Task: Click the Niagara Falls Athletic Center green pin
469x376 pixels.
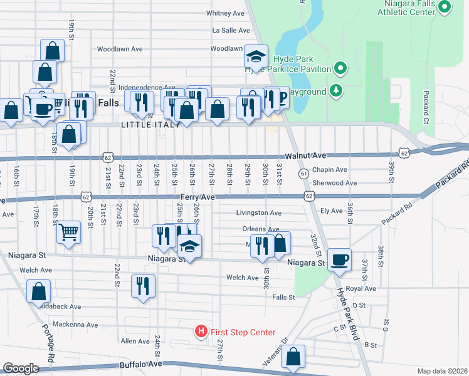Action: [445, 8]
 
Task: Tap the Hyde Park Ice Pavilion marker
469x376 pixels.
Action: [340, 67]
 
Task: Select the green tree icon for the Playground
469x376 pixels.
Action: [337, 91]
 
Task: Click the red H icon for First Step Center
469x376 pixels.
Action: [201, 331]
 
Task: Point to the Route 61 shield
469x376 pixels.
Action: [303, 173]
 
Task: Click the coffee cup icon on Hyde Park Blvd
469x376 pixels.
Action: [339, 259]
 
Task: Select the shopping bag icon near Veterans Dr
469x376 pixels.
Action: [293, 357]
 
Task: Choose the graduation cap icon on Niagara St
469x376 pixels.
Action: [189, 246]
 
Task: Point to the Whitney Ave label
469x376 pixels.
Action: [225, 13]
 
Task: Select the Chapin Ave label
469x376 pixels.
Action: [329, 170]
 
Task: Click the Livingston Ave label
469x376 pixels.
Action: [258, 213]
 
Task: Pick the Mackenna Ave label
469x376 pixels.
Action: [75, 325]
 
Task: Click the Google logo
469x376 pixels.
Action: [21, 368]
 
